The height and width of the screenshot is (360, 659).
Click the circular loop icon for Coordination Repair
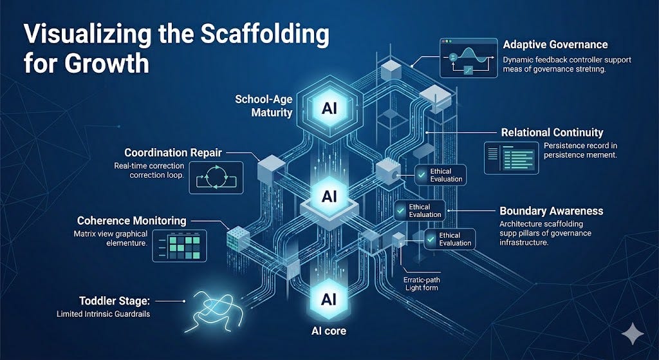[216, 177]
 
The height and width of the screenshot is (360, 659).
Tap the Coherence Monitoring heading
[131, 221]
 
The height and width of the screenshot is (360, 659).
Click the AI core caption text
[329, 331]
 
